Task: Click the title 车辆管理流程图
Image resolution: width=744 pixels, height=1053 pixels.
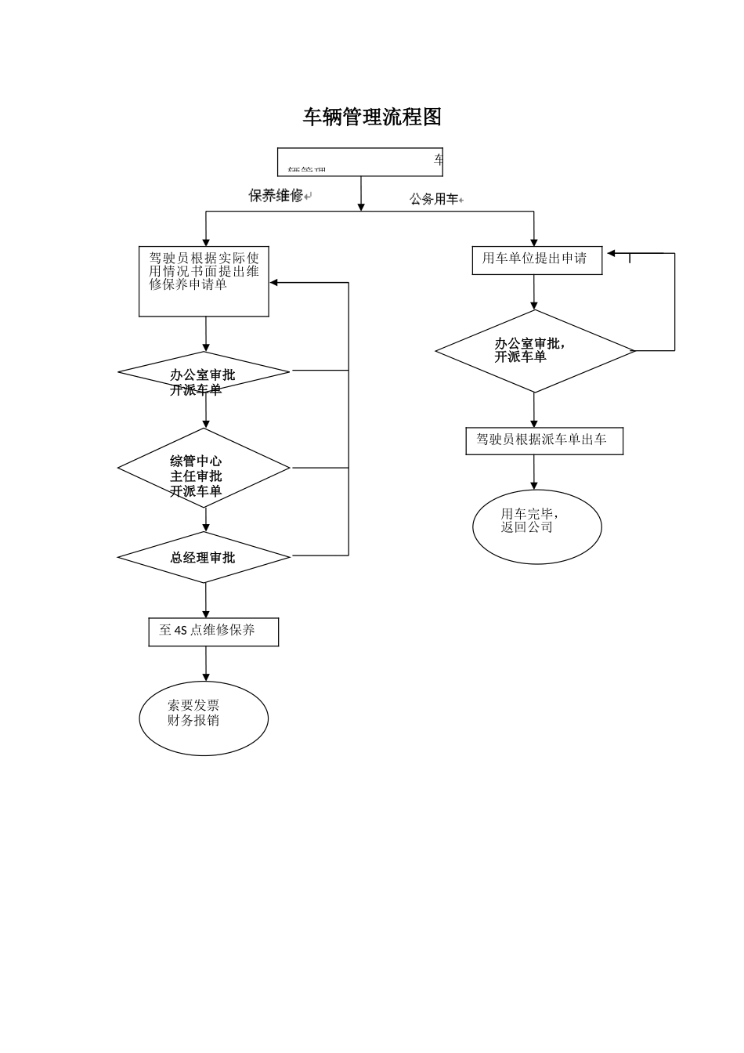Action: click(x=372, y=117)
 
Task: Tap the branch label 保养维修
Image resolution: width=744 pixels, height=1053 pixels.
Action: click(x=276, y=196)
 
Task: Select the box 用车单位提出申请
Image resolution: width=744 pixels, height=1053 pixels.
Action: click(x=536, y=260)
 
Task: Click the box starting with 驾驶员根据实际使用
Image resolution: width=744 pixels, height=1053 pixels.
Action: click(x=204, y=282)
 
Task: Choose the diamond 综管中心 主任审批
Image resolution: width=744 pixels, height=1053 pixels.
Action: click(x=204, y=468)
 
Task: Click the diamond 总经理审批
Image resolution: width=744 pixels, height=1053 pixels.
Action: click(x=204, y=557)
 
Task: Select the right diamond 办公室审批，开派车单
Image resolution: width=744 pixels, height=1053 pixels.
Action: click(x=535, y=351)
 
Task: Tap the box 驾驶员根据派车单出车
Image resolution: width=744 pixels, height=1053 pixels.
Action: click(x=544, y=441)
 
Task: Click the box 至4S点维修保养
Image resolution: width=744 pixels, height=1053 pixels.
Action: click(x=213, y=631)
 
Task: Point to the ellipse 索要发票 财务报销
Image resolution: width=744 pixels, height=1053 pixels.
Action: click(x=204, y=718)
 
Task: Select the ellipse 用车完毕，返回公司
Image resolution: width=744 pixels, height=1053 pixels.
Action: click(x=536, y=526)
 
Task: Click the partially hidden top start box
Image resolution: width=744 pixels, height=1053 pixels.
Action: click(x=360, y=162)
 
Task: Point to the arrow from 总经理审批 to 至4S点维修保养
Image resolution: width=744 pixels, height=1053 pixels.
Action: click(x=206, y=601)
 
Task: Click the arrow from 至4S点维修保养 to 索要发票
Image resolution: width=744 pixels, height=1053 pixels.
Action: click(x=206, y=664)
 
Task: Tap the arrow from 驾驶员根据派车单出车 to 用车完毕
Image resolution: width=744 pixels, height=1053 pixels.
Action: click(x=534, y=472)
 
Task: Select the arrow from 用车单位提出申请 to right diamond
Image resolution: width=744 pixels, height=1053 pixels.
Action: click(x=534, y=292)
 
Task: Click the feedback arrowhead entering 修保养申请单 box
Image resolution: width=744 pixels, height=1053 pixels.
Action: click(x=275, y=283)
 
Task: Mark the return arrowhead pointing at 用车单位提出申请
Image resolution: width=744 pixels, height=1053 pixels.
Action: click(x=612, y=253)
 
